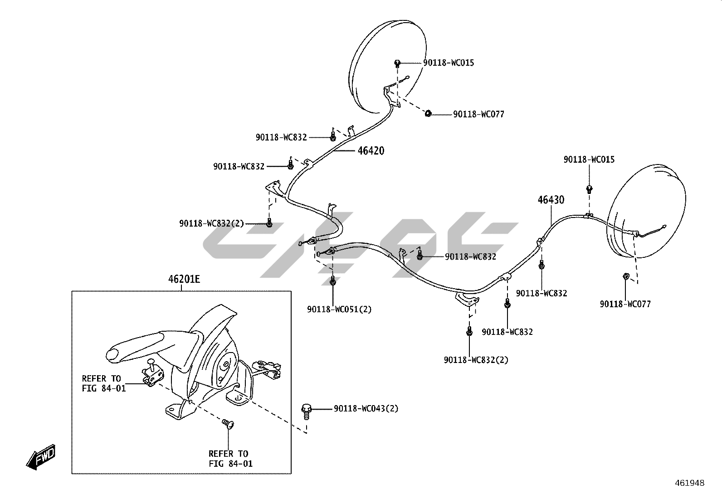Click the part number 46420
pyautogui.click(x=371, y=151)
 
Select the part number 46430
pyautogui.click(x=551, y=200)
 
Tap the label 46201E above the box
pyautogui.click(x=184, y=279)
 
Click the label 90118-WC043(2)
pyautogui.click(x=366, y=409)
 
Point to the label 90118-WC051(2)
pyautogui.click(x=339, y=309)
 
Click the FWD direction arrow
pyautogui.click(x=41, y=455)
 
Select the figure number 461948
pyautogui.click(x=690, y=483)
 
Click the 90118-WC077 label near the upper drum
pyautogui.click(x=478, y=114)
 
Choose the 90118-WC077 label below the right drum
pyautogui.click(x=625, y=304)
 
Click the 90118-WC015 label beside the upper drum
pyautogui.click(x=449, y=63)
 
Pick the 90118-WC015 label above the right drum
pyautogui.click(x=589, y=160)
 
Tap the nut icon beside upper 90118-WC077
pyautogui.click(x=427, y=113)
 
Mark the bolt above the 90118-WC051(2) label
pyautogui.click(x=333, y=281)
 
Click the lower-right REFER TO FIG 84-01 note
pyautogui.click(x=230, y=459)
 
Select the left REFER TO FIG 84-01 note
pyautogui.click(x=104, y=383)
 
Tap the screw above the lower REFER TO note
pyautogui.click(x=228, y=424)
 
